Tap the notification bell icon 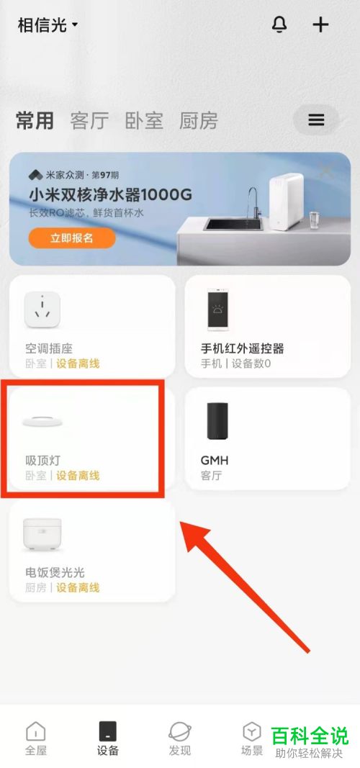point(279,24)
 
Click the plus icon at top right point(320,24)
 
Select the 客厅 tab point(89,121)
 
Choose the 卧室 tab point(144,121)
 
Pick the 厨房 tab point(198,121)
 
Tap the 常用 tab point(35,121)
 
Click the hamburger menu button point(317,120)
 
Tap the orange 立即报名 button point(72,238)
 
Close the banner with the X point(326,171)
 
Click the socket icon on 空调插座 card point(43,310)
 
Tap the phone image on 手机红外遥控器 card point(217,310)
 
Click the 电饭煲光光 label point(55,572)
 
